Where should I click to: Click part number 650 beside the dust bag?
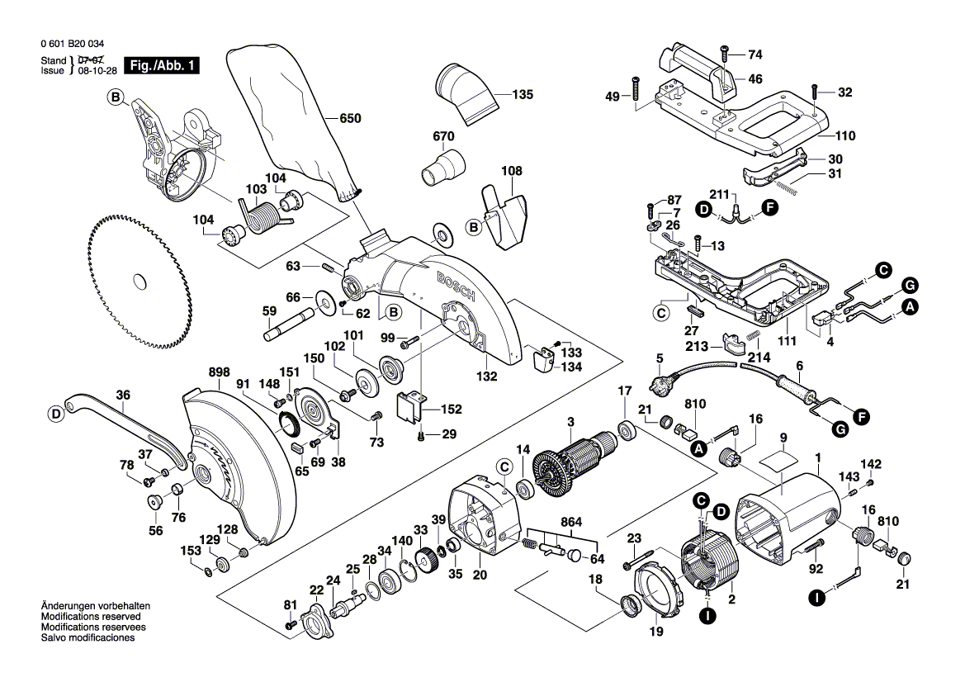(x=351, y=119)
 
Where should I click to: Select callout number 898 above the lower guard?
(x=196, y=373)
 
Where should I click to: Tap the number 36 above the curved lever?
(x=123, y=395)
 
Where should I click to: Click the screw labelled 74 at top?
(x=725, y=54)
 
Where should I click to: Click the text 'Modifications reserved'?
(x=90, y=616)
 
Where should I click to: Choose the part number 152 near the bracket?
(x=452, y=409)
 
